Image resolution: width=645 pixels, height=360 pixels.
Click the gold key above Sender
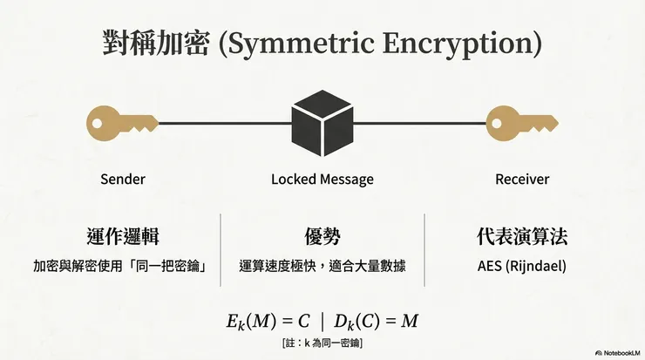point(122,125)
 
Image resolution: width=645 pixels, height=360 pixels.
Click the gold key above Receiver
point(521,125)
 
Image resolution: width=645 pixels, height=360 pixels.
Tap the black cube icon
point(322,124)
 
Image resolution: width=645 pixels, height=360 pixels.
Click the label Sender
point(122,180)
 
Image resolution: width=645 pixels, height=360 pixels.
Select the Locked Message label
point(322,180)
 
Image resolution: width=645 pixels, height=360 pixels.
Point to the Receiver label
point(522,180)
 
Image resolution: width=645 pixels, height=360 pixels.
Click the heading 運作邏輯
point(123,237)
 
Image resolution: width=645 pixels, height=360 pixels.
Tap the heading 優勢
point(322,237)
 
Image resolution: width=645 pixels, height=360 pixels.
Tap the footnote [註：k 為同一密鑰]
point(322,343)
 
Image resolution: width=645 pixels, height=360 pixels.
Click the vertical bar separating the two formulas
point(320,321)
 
